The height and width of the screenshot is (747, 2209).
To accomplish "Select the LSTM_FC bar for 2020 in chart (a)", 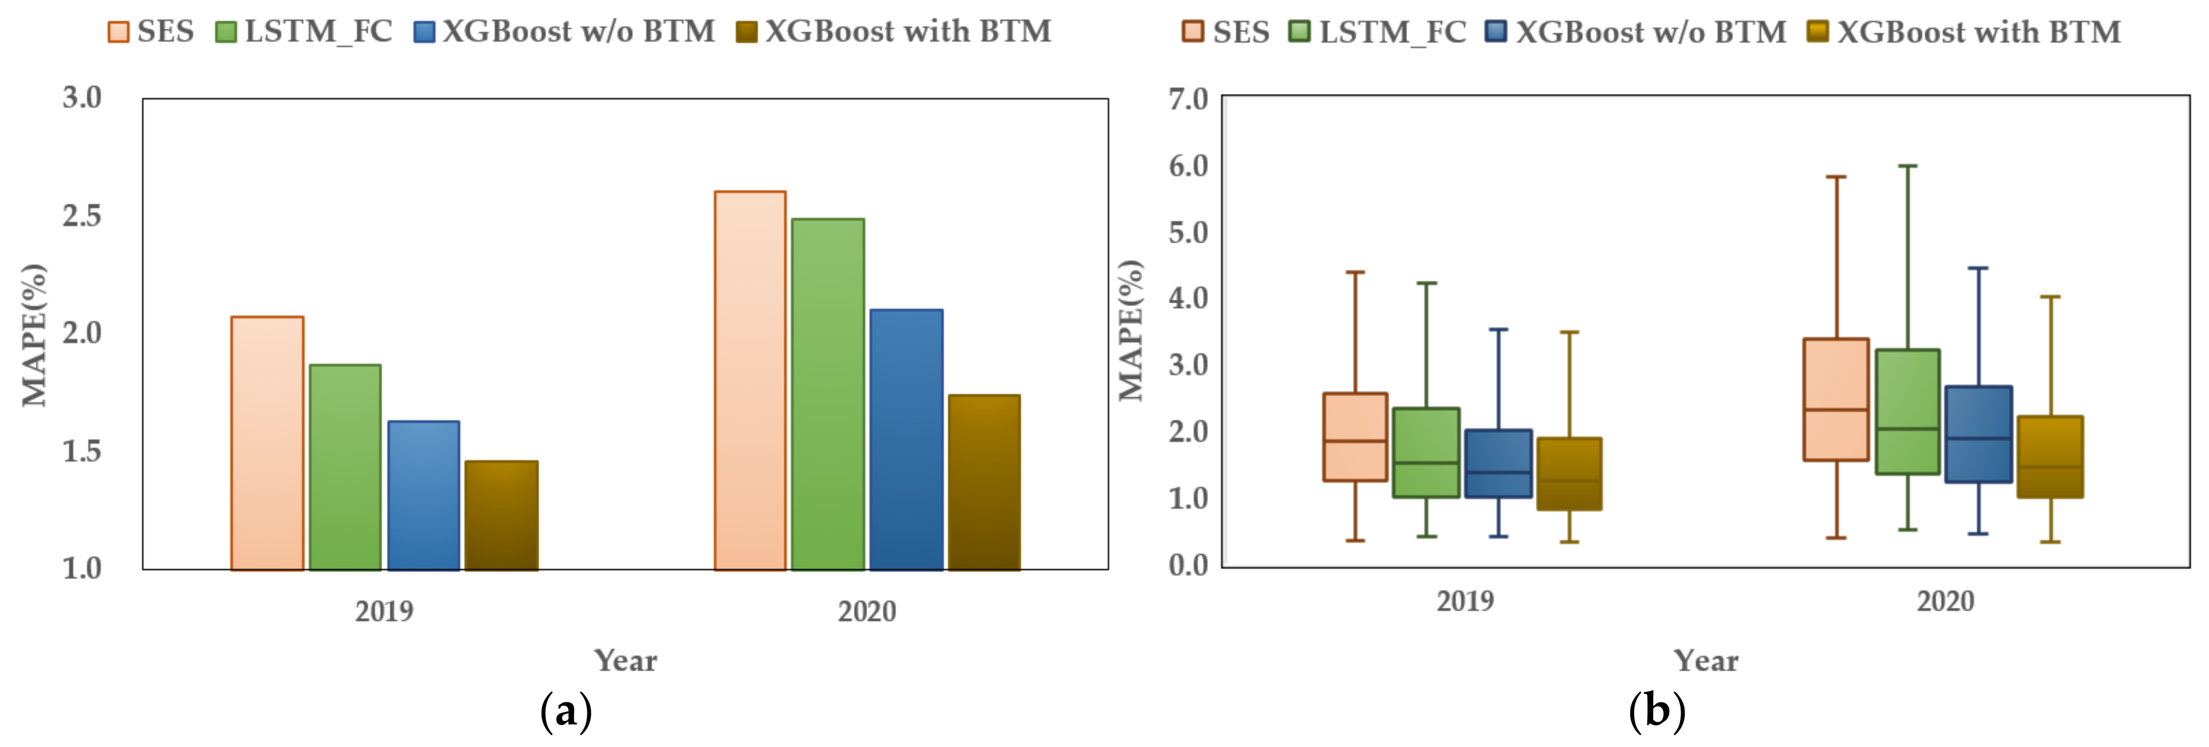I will pos(827,394).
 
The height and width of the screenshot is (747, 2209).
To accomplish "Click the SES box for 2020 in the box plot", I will pos(1836,400).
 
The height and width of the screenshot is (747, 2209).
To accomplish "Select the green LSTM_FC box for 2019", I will pos(1426,453).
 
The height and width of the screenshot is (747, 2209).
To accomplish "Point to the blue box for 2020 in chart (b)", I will pos(1978,434).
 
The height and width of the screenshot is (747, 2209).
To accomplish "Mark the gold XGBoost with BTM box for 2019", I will pos(1569,474).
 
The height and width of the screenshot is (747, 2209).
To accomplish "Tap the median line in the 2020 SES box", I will pos(1836,410).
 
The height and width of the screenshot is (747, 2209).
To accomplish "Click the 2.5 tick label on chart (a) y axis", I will pos(82,215).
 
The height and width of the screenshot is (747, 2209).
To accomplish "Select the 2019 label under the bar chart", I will pos(384,612).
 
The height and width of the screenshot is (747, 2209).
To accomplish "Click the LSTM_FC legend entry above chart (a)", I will pos(304,32).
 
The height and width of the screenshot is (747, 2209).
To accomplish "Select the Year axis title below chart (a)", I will pos(626,660).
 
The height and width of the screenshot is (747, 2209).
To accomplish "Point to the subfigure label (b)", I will pos(1657,711).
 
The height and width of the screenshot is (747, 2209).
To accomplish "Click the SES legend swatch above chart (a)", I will pos(118,32).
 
